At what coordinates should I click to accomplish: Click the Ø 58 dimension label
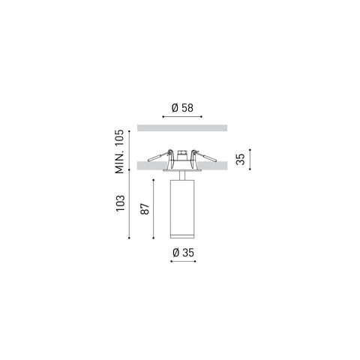(182, 108)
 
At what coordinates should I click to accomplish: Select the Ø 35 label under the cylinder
(183, 253)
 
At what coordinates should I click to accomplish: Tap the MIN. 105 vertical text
(119, 151)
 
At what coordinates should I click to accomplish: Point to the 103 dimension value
(120, 203)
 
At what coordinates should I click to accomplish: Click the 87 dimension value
(145, 209)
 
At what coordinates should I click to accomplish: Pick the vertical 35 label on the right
(241, 159)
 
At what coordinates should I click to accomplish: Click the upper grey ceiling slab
(182, 127)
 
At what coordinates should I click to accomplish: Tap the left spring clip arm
(158, 157)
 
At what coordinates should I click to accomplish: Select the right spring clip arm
(205, 156)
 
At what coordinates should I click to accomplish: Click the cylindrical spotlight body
(182, 208)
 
